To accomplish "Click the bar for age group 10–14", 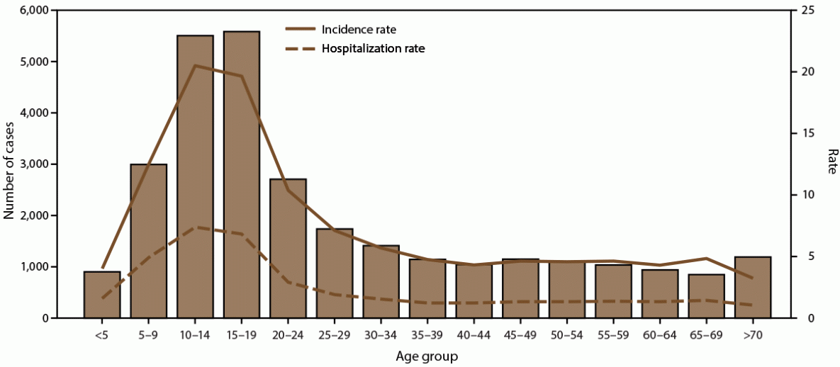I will [x=195, y=177].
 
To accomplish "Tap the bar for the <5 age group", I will [x=102, y=295].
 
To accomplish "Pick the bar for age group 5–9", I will [x=149, y=241].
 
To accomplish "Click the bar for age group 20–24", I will [x=288, y=249].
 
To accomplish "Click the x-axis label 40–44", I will [x=474, y=332].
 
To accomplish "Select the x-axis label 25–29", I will [x=335, y=332].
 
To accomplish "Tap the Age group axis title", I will [x=427, y=356].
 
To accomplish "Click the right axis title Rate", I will [x=831, y=162].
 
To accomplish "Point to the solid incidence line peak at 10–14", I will [x=195, y=65].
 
